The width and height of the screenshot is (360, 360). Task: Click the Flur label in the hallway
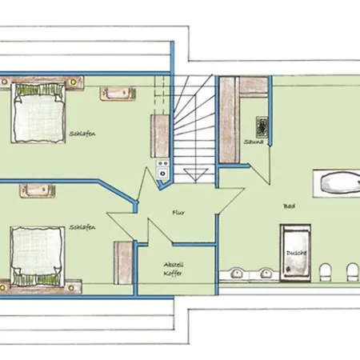pyautogui.click(x=178, y=213)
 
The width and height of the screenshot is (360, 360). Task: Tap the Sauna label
pyautogui.click(x=254, y=142)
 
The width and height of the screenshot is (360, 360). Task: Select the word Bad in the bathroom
pyautogui.click(x=290, y=206)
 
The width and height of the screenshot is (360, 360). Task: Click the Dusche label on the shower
pyautogui.click(x=296, y=253)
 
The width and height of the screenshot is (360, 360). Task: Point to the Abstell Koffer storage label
pyautogui.click(x=174, y=269)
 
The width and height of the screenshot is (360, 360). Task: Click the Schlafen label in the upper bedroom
pyautogui.click(x=82, y=134)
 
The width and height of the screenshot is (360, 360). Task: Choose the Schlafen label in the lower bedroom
pyautogui.click(x=82, y=227)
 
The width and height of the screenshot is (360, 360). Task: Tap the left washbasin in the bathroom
pyautogui.click(x=235, y=273)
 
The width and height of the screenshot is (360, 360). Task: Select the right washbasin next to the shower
pyautogui.click(x=266, y=273)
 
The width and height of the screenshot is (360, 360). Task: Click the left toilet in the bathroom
pyautogui.click(x=325, y=272)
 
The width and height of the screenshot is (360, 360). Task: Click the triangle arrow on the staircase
pyautogui.click(x=195, y=174)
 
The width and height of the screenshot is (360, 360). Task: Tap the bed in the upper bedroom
pyautogui.click(x=38, y=113)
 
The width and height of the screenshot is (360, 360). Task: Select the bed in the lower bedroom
pyautogui.click(x=38, y=257)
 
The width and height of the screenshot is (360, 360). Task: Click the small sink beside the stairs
pyautogui.click(x=162, y=174)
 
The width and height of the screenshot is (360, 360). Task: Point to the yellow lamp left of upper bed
pyautogui.click(x=4, y=82)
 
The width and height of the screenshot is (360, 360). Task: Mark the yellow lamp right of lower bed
pyautogui.click(x=70, y=288)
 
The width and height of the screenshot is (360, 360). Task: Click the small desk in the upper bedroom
pyautogui.click(x=118, y=94)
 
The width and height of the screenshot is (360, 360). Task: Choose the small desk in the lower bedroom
pyautogui.click(x=38, y=190)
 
